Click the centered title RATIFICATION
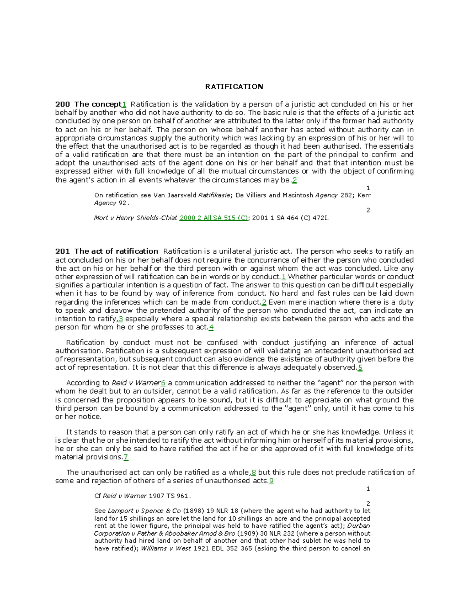click(x=234, y=87)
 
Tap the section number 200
click(x=63, y=104)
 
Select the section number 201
click(x=63, y=251)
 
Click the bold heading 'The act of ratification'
click(x=116, y=251)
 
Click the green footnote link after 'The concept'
click(x=124, y=105)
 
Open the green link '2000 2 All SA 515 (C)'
click(x=213, y=218)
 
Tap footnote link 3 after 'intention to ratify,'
click(x=121, y=319)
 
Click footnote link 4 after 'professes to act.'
click(x=211, y=327)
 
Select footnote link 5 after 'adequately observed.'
click(x=360, y=368)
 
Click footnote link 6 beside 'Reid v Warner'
click(x=163, y=383)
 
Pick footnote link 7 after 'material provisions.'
click(x=125, y=457)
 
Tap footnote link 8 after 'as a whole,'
click(x=254, y=473)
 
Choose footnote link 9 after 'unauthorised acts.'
click(x=271, y=481)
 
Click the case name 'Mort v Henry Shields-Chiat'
click(x=135, y=218)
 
